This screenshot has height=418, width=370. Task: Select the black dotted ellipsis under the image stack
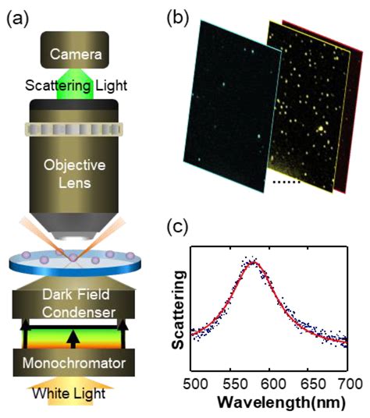coord(286,183)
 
